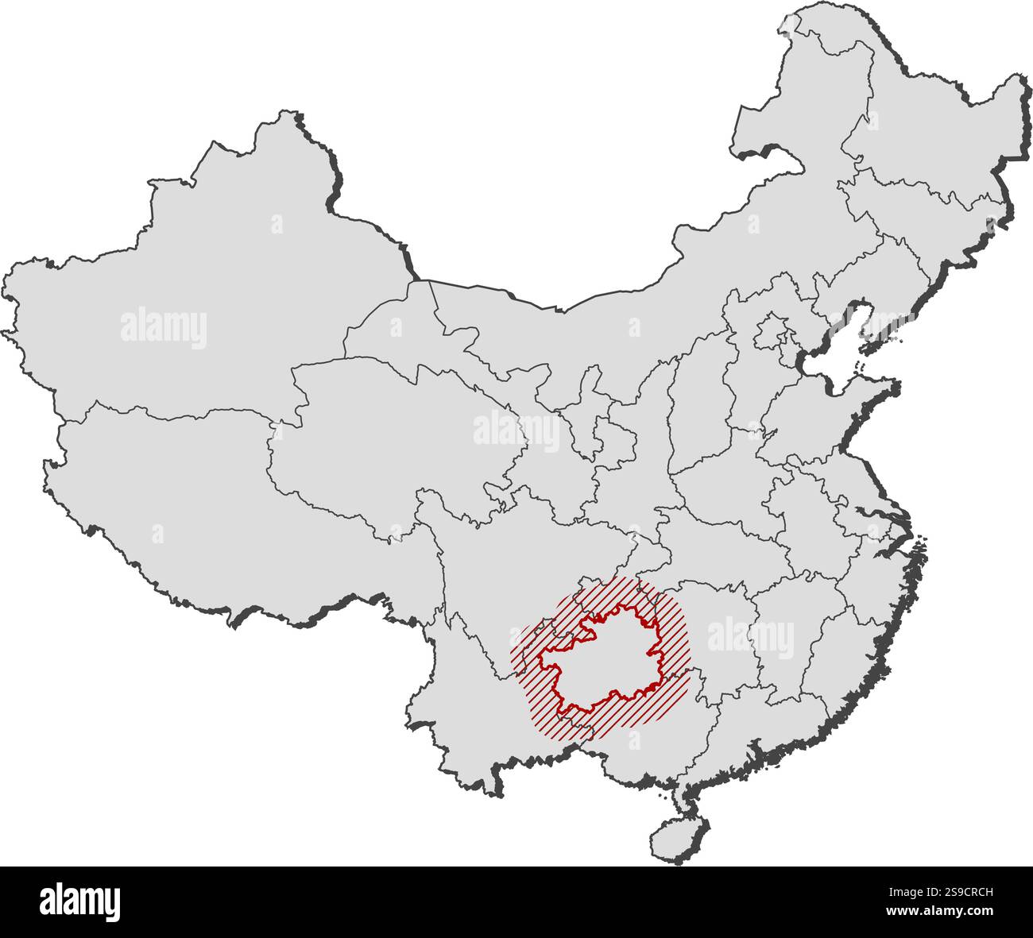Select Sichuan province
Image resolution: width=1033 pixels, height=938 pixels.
pos(509,556)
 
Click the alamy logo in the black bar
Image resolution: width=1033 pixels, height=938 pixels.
pos(79,902)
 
